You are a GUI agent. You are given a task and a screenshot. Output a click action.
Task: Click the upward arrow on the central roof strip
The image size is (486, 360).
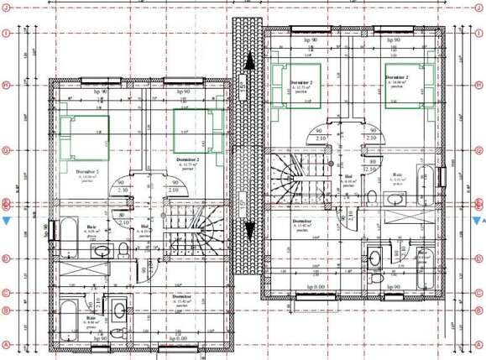click(x=249, y=62)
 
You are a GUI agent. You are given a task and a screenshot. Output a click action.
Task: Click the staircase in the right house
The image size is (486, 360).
click(x=304, y=176)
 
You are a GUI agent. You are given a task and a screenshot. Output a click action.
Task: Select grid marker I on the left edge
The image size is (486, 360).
click(x=7, y=34)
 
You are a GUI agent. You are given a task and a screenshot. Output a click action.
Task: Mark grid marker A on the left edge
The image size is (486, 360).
click(x=7, y=344)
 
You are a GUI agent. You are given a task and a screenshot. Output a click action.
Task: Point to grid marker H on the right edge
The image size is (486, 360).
click(x=478, y=85)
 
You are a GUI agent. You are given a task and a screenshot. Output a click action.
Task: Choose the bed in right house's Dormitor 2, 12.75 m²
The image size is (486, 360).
click(x=298, y=86)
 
